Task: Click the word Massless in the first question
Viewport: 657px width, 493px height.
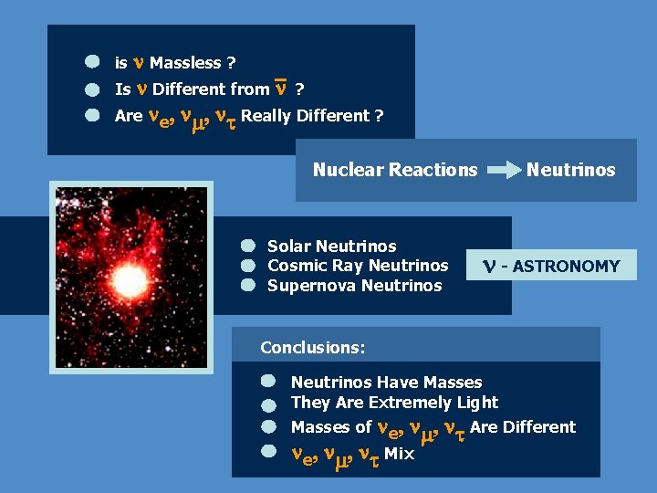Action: (x=185, y=63)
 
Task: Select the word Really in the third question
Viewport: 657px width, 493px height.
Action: (x=266, y=116)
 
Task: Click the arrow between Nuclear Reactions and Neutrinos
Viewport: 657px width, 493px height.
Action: (x=501, y=170)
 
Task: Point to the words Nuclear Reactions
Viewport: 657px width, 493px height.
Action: (x=395, y=170)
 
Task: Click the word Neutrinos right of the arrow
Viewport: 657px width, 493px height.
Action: (x=571, y=170)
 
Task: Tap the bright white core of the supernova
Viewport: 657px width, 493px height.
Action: (x=129, y=278)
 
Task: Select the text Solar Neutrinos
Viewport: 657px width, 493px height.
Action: (x=331, y=246)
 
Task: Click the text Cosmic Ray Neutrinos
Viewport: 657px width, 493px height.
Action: (x=358, y=266)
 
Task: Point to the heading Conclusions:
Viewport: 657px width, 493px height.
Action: (x=313, y=348)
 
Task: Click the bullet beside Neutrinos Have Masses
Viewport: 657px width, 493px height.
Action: (x=267, y=380)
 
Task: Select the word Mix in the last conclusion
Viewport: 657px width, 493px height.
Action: (x=399, y=454)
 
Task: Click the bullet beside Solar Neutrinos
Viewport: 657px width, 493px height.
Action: (x=247, y=246)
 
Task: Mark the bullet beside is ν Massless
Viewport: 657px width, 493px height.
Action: (x=92, y=62)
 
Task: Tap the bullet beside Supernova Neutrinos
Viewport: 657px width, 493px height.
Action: (x=247, y=286)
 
